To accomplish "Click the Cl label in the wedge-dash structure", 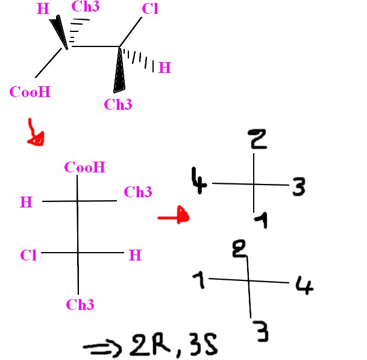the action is pyautogui.click(x=150, y=10).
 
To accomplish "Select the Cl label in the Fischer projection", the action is pyautogui.click(x=28, y=255).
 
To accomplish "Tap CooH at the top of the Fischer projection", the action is pyautogui.click(x=86, y=167).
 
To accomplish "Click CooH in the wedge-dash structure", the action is pyautogui.click(x=30, y=92).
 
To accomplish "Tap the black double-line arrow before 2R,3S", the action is pyautogui.click(x=103, y=348).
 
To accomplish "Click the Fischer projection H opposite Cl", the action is pyautogui.click(x=136, y=255).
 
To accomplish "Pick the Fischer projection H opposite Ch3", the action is pyautogui.click(x=26, y=203).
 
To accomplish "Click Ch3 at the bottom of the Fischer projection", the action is pyautogui.click(x=80, y=305).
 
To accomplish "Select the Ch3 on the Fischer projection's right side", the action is pyautogui.click(x=137, y=192).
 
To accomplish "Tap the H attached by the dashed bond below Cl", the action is pyautogui.click(x=164, y=68).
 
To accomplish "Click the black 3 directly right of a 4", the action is pyautogui.click(x=298, y=188).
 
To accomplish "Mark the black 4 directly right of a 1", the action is pyautogui.click(x=304, y=284).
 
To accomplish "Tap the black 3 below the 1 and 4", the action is pyautogui.click(x=260, y=332).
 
